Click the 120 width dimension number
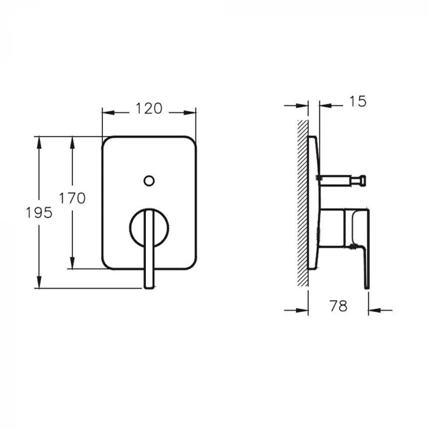pyautogui.click(x=149, y=109)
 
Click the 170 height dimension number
pyautogui.click(x=72, y=199)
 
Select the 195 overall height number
pyautogui.click(x=39, y=213)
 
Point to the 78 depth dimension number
pyautogui.click(x=338, y=306)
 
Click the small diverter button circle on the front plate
pyautogui.click(x=148, y=180)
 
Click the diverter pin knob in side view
pyautogui.click(x=362, y=180)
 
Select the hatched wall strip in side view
pyautogui.click(x=302, y=202)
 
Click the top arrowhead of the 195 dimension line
pyautogui.click(x=40, y=142)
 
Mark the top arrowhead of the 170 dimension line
pyautogui.click(x=73, y=142)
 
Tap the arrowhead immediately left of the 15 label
pyautogui.click(x=325, y=106)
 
